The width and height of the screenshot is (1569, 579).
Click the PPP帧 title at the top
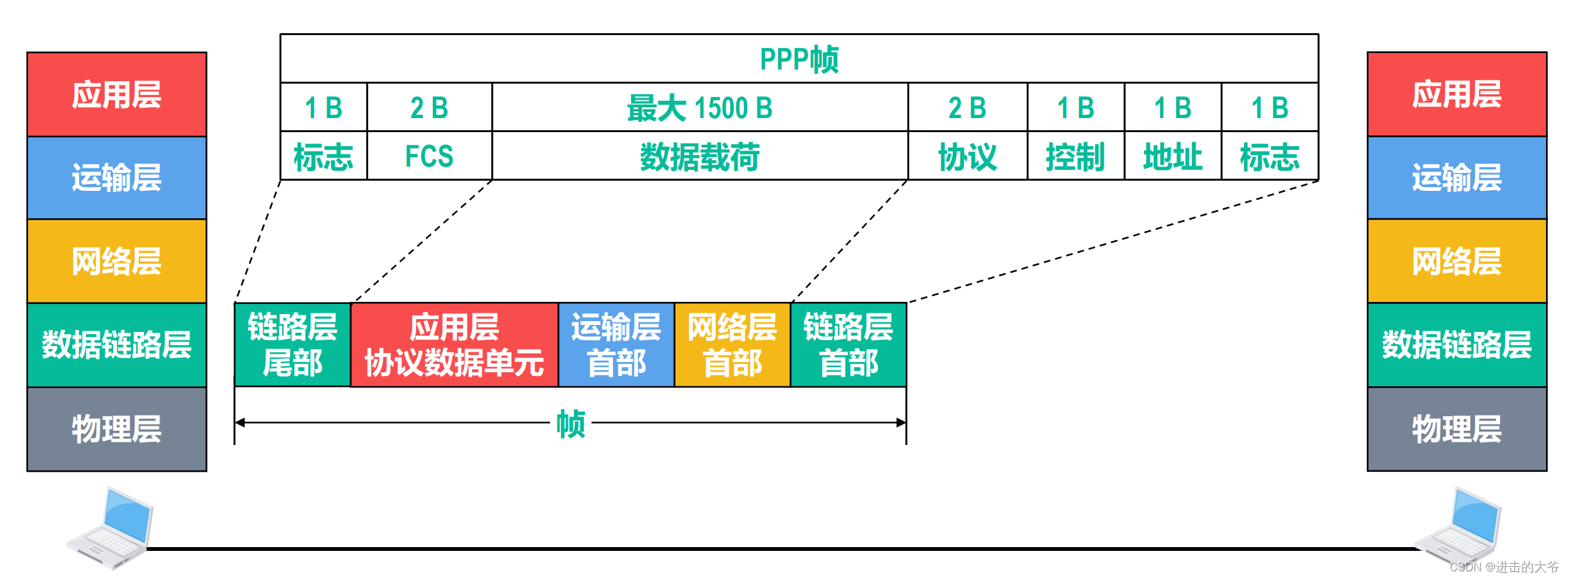coord(799,59)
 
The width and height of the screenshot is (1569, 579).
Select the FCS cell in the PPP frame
coord(429,156)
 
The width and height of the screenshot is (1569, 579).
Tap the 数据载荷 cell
coord(700,156)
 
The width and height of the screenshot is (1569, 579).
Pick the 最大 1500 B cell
coord(700,108)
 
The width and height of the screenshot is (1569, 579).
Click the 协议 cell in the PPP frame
coord(967,156)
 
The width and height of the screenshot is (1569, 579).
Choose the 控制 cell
coord(1075,156)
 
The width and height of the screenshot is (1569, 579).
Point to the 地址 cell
coord(1173,156)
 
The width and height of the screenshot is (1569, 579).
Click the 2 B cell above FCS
coord(429,108)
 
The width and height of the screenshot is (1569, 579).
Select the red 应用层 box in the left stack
coord(117,94)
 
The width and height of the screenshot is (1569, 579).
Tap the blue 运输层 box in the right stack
coord(1457,177)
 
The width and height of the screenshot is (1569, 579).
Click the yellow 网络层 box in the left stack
coord(117,261)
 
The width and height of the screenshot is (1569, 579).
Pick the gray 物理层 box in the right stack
coord(1457,428)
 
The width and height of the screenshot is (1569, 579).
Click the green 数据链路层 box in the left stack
coord(117,345)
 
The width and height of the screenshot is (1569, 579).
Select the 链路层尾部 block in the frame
coord(293,345)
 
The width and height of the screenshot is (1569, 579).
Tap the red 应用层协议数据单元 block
coord(454,345)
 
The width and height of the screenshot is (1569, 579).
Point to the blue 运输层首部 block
coord(616,345)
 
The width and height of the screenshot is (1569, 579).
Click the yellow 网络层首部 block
coord(732,345)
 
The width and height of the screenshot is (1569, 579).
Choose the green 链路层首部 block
coord(849,345)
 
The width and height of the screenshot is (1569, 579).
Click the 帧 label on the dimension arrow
coord(570,423)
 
